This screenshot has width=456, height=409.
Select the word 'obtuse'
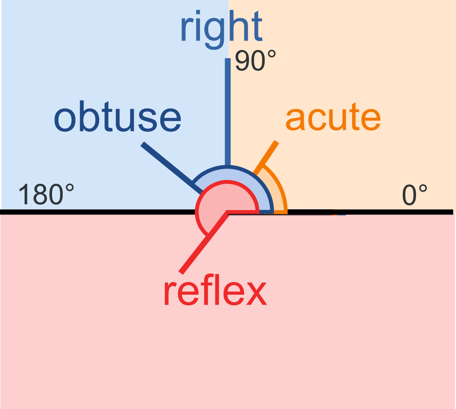click(117, 118)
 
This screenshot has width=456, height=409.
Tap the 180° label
click(46, 194)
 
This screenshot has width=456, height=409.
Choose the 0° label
click(415, 195)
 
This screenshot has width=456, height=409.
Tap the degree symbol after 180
click(69, 188)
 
